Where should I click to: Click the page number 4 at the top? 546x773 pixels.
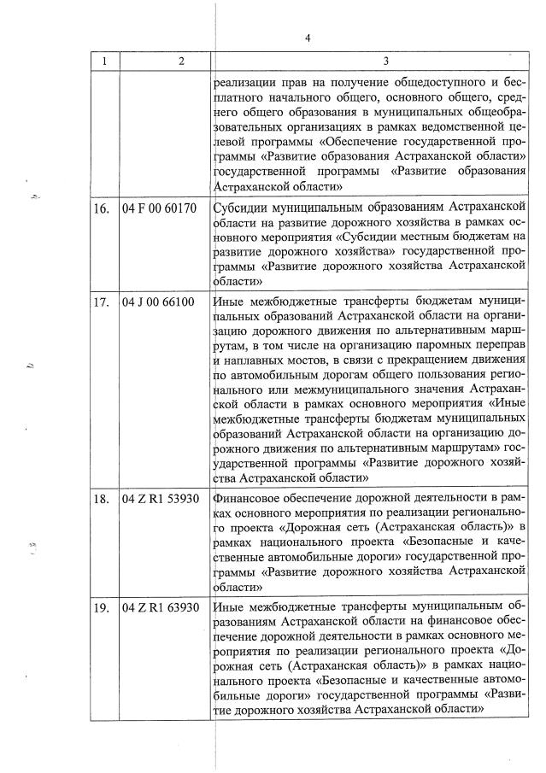pyautogui.click(x=307, y=38)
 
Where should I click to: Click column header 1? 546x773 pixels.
pyautogui.click(x=105, y=61)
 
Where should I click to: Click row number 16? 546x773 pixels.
pyautogui.click(x=104, y=208)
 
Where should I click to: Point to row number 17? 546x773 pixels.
pyautogui.click(x=104, y=302)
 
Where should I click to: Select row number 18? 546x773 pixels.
pyautogui.click(x=104, y=498)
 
